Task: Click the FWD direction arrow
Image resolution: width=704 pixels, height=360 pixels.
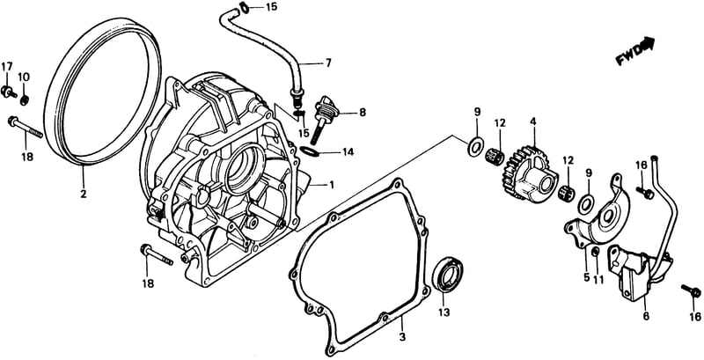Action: (635, 50)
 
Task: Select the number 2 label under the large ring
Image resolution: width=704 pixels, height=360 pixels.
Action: (84, 195)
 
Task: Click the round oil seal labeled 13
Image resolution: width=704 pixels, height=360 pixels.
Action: (447, 275)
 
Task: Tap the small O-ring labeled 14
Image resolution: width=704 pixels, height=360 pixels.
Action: (310, 151)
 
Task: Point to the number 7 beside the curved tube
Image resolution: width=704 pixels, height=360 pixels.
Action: (328, 62)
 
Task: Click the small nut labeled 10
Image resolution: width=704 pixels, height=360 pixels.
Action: (25, 99)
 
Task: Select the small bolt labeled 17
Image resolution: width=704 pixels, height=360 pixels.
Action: (8, 92)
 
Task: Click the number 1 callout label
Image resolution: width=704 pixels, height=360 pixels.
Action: (332, 184)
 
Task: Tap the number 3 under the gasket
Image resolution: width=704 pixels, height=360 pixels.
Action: (402, 336)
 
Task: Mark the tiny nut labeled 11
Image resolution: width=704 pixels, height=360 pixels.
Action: (596, 252)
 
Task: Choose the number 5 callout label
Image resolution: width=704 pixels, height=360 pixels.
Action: (586, 277)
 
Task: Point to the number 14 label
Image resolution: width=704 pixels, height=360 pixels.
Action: (348, 151)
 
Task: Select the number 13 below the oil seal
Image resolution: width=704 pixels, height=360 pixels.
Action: (444, 311)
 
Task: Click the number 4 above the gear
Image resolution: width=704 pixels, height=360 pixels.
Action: (532, 121)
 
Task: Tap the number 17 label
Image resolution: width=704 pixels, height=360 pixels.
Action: (7, 67)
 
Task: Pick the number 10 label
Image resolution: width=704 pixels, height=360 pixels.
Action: (24, 77)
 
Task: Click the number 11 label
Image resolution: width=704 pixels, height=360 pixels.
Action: (598, 278)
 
